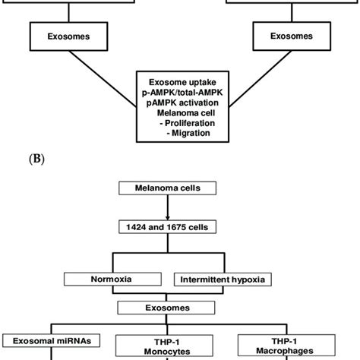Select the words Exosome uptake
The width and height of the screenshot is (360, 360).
click(x=179, y=80)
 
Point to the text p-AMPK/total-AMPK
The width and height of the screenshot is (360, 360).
click(x=179, y=90)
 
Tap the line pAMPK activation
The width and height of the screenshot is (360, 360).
click(x=179, y=101)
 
